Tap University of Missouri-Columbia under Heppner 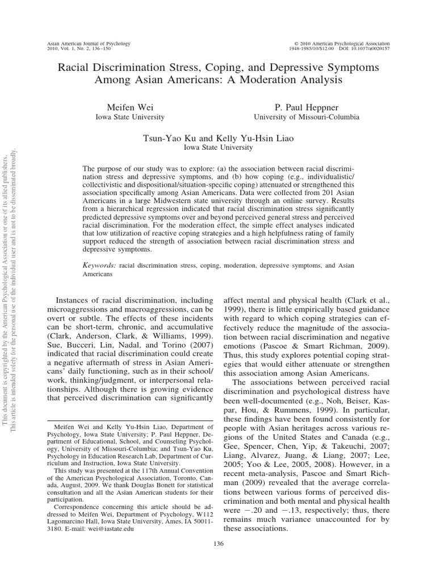(306, 117)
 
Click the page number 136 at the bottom (218, 558)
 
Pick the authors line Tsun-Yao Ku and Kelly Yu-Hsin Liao (218, 138)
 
